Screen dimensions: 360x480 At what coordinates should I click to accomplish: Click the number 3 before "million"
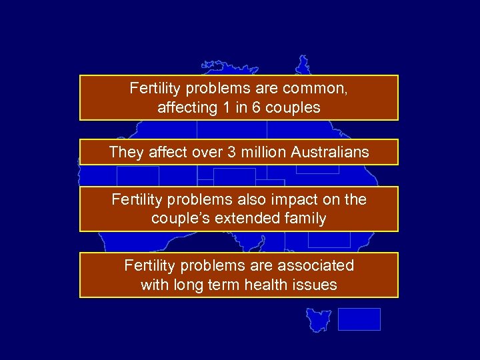[231, 152]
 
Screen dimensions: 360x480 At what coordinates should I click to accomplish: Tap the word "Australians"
[329, 152]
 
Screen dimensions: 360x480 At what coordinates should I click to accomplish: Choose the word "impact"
[301, 199]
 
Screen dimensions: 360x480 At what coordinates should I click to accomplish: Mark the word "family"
[304, 219]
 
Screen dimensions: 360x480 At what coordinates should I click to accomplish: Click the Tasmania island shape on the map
[319, 319]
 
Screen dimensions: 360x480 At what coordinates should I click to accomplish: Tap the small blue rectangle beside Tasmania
[359, 319]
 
